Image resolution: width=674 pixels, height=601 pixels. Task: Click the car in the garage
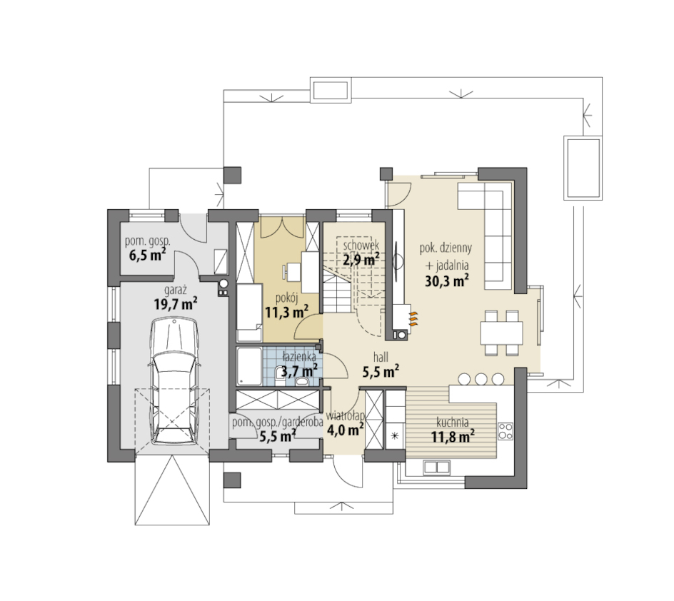click(x=174, y=380)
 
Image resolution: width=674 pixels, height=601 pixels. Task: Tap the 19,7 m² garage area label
click(x=176, y=304)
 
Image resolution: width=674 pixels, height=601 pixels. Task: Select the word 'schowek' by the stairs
click(x=361, y=246)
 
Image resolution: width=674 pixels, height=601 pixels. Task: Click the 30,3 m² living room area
click(x=447, y=281)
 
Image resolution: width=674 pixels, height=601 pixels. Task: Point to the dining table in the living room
click(x=502, y=333)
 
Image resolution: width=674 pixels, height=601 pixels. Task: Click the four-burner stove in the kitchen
click(x=505, y=431)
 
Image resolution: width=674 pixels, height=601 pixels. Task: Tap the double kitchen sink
click(x=437, y=467)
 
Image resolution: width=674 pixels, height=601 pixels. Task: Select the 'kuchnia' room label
click(x=453, y=423)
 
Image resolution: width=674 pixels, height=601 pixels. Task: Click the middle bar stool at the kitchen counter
click(x=481, y=379)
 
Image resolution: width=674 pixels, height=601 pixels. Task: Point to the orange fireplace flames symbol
click(x=413, y=320)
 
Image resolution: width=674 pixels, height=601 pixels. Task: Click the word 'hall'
click(x=381, y=357)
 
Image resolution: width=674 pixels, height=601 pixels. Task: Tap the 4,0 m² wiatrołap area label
click(x=345, y=429)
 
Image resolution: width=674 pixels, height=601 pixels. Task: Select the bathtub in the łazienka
click(x=249, y=366)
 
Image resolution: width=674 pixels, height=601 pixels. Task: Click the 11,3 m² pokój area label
click(x=287, y=311)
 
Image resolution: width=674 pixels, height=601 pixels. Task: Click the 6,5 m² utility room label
click(x=147, y=255)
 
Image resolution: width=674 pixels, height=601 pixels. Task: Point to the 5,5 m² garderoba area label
click(x=277, y=436)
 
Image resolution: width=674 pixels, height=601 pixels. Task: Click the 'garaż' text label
click(x=176, y=290)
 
